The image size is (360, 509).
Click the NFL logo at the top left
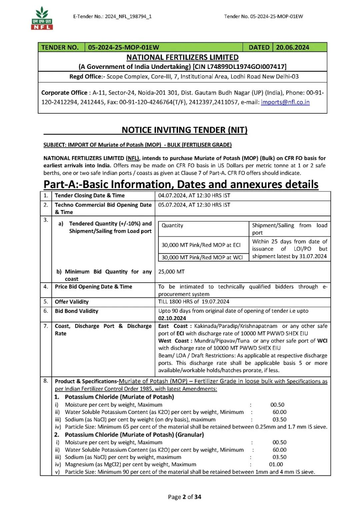pyautogui.click(x=42, y=19)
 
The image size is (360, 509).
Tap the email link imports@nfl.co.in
pyautogui.click(x=285, y=102)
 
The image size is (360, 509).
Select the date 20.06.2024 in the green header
pyautogui.click(x=292, y=47)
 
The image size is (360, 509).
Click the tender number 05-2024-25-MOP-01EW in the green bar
pyautogui.click(x=124, y=47)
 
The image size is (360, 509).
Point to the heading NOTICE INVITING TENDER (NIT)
pyautogui.click(x=184, y=130)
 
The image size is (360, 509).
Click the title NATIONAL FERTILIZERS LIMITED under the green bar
pyautogui.click(x=182, y=57)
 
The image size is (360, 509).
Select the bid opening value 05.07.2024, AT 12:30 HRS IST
pyautogui.click(x=194, y=205)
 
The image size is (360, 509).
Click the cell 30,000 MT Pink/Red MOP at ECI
pyautogui.click(x=201, y=245)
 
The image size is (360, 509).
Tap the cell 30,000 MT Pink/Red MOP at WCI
pyautogui.click(x=202, y=257)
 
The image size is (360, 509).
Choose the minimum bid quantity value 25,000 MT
pyautogui.click(x=171, y=272)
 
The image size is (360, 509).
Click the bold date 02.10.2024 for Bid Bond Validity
pyautogui.click(x=172, y=318)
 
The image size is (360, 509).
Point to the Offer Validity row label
pyautogui.click(x=72, y=302)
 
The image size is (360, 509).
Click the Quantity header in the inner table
pyautogui.click(x=172, y=226)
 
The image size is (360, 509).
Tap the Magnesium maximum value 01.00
pyautogui.click(x=276, y=464)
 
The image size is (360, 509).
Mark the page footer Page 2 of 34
pyautogui.click(x=184, y=497)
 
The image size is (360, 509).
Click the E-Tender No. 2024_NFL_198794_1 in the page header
pyautogui.click(x=112, y=16)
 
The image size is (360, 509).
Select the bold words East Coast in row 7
pyautogui.click(x=173, y=326)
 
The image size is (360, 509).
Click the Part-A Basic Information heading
pyautogui.click(x=181, y=184)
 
